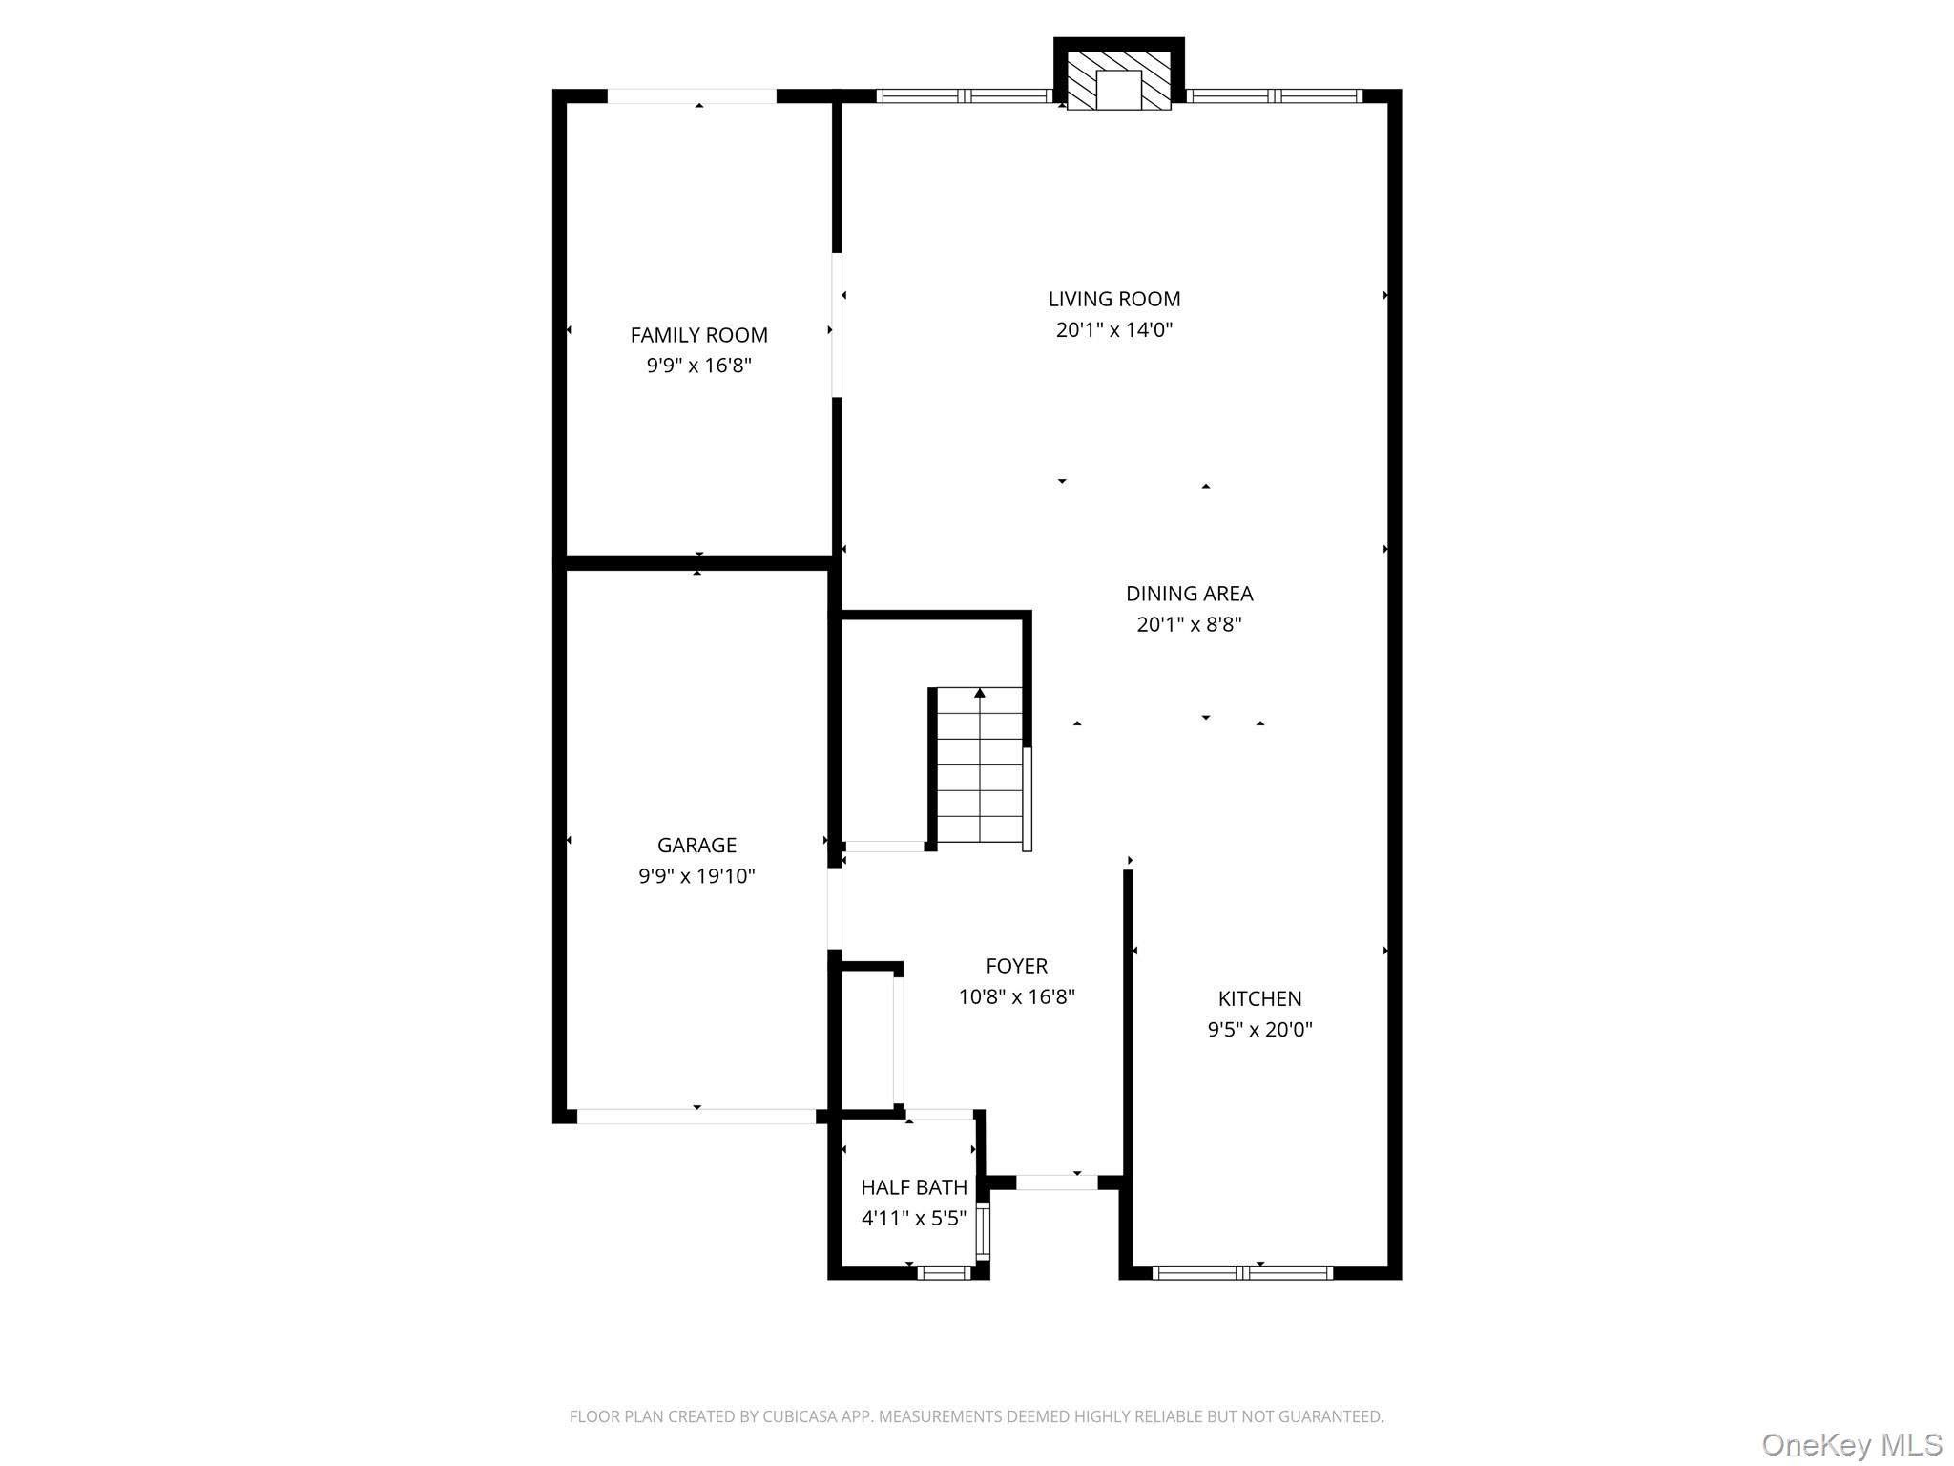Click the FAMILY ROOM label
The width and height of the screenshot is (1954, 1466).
click(698, 335)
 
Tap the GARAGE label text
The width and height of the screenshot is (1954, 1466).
click(696, 845)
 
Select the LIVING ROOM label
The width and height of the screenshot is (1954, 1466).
click(1113, 299)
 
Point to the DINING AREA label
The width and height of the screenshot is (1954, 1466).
click(1189, 594)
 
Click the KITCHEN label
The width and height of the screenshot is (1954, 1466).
click(1259, 998)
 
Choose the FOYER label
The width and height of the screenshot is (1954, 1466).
click(1016, 966)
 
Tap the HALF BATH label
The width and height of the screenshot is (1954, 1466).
click(913, 1187)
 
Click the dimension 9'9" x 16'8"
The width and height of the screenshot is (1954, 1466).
click(698, 366)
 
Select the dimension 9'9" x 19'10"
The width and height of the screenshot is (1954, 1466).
click(696, 876)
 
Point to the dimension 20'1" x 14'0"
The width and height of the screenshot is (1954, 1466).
click(1113, 330)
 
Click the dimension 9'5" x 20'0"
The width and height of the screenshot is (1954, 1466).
click(1259, 1030)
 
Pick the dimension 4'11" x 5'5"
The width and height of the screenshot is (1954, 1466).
click(913, 1219)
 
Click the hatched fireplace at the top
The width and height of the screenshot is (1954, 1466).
click(1118, 80)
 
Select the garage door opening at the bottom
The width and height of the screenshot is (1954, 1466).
click(696, 1116)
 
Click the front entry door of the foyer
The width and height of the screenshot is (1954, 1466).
click(1056, 1183)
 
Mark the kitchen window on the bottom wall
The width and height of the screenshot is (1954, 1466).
click(1242, 1272)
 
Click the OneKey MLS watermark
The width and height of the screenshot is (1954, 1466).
click(1851, 1444)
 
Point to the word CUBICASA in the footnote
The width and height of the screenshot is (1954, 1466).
click(800, 1416)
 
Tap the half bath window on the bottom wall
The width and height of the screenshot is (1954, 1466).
click(944, 1272)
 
